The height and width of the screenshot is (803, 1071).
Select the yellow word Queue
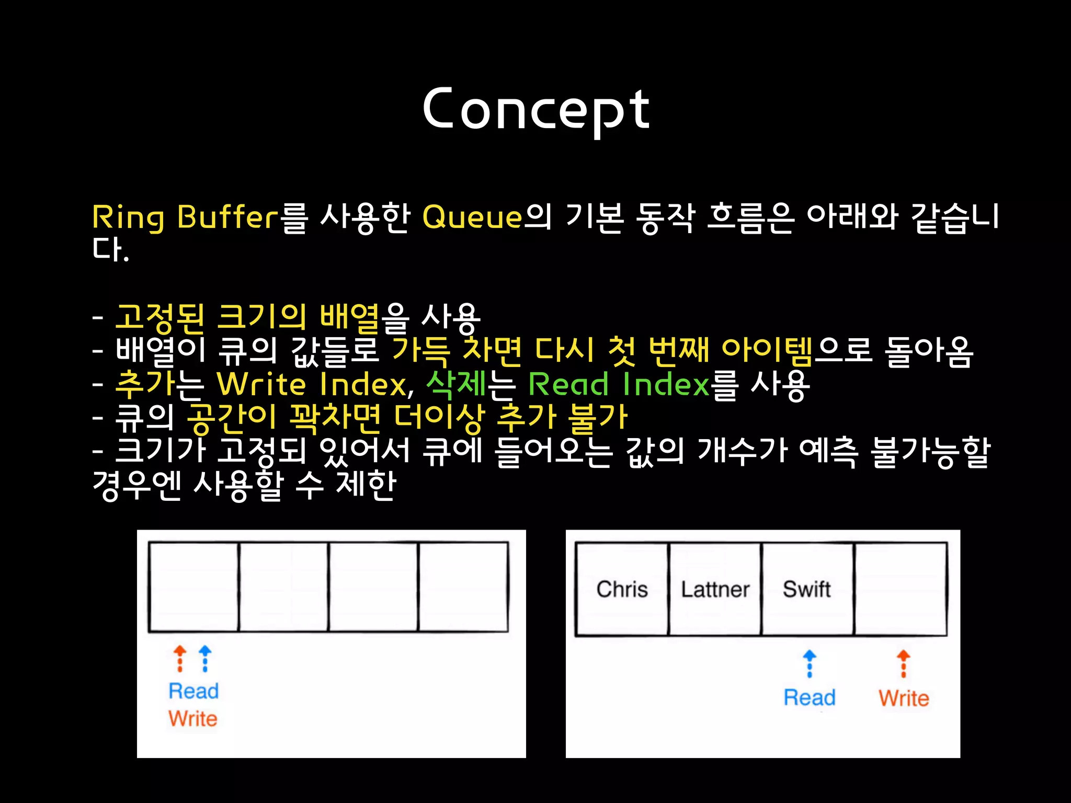click(472, 217)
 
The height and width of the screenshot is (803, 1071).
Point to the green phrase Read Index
click(619, 385)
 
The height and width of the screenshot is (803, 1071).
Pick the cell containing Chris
click(622, 589)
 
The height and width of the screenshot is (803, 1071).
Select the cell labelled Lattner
click(715, 589)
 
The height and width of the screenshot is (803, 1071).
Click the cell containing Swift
click(807, 589)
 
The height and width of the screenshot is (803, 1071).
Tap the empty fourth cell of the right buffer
click(901, 589)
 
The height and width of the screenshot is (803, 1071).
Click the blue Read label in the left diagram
click(193, 691)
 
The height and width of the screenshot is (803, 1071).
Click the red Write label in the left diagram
click(192, 719)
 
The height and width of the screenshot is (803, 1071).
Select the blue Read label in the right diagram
click(809, 697)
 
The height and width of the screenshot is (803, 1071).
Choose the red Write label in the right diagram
click(904, 698)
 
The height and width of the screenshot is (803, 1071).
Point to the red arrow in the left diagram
click(180, 658)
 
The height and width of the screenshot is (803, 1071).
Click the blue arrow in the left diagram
click(206, 658)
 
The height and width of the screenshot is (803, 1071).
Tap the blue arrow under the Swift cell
click(810, 663)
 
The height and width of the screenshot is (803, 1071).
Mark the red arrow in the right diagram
click(904, 663)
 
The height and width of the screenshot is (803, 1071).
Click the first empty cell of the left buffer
click(193, 587)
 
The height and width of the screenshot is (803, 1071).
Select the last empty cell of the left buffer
click(463, 587)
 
